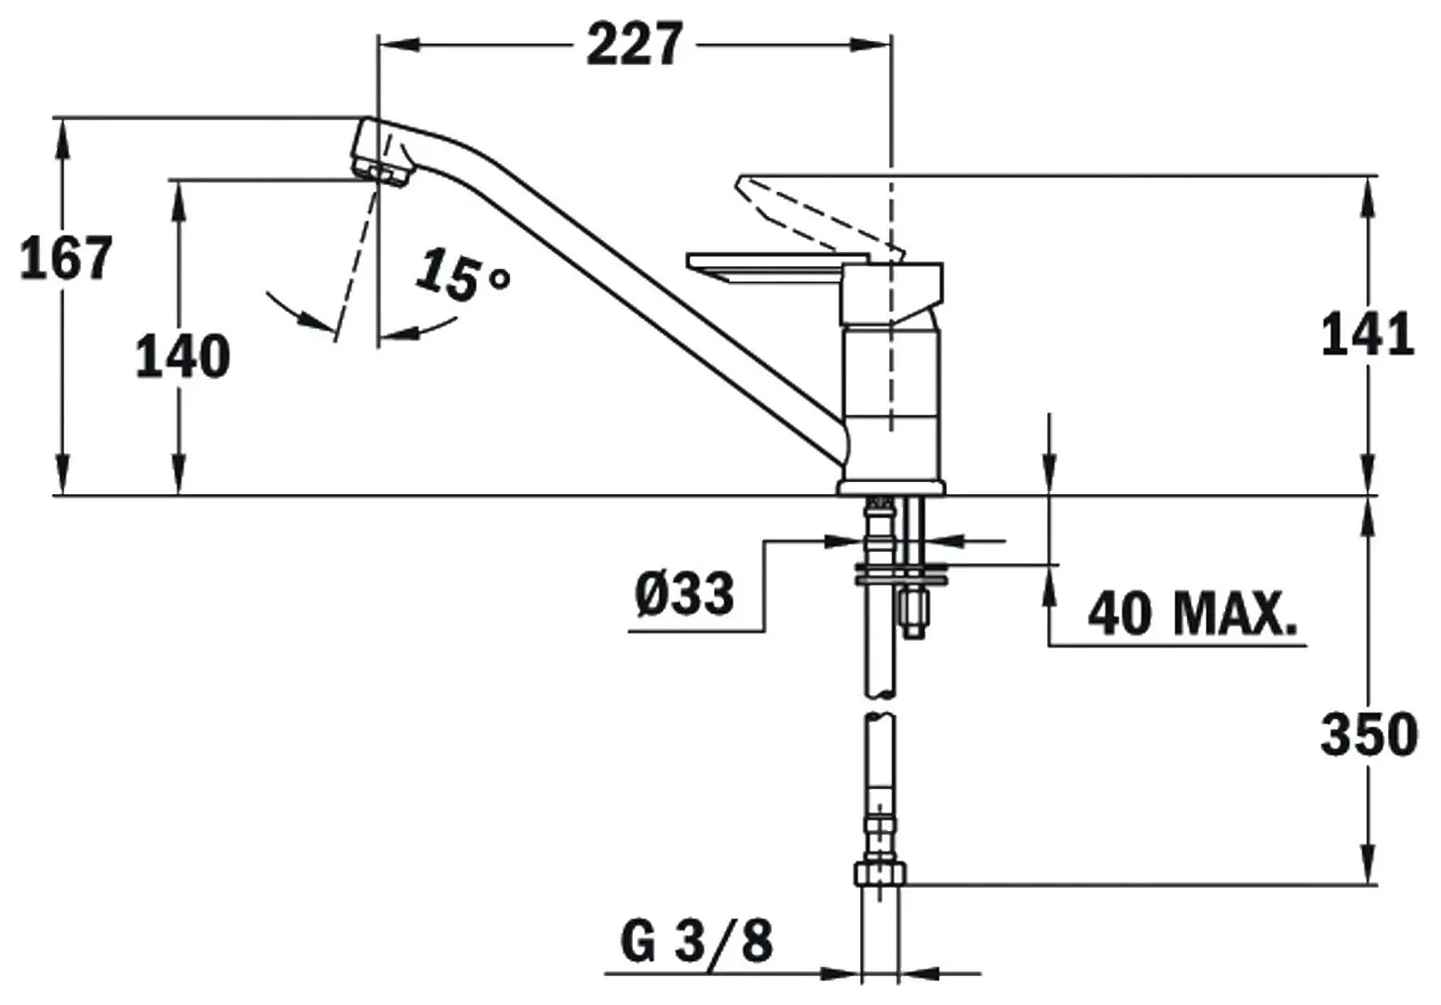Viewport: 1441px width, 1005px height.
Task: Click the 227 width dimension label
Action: (x=635, y=44)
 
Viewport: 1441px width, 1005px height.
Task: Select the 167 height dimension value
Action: (x=66, y=258)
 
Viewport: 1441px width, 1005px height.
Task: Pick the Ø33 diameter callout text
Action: (x=684, y=593)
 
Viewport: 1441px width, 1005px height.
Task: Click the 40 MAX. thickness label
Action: (x=1192, y=613)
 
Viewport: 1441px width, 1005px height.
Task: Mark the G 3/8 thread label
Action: (x=697, y=943)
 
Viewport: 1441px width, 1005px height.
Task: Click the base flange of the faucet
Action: (x=891, y=486)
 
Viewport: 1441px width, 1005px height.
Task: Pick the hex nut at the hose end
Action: (x=879, y=874)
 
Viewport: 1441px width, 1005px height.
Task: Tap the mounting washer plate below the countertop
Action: (x=900, y=572)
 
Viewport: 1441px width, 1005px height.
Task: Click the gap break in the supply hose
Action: (x=881, y=705)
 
